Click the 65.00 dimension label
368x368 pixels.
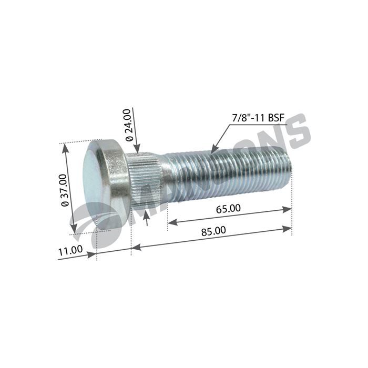(228, 208)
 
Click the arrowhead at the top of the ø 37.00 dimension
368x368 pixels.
(65, 148)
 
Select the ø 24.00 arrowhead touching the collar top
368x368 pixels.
(138, 149)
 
